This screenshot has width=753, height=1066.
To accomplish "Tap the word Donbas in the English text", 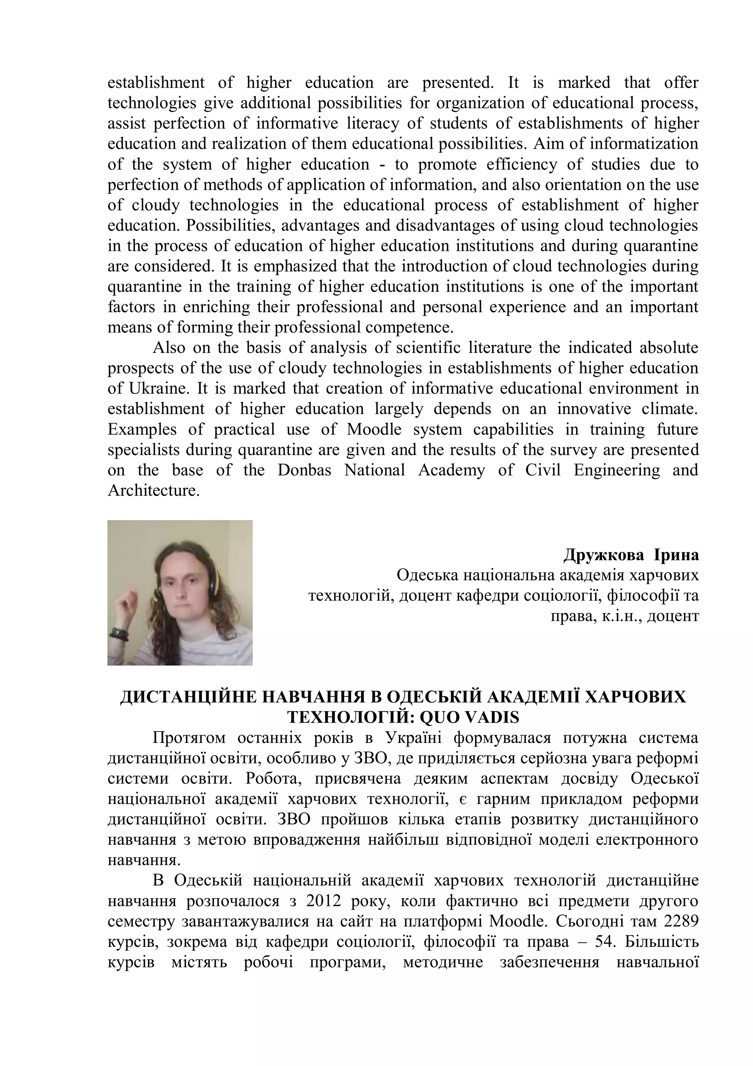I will point(304,470).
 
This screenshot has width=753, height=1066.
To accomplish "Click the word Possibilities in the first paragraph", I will point(230,226).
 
